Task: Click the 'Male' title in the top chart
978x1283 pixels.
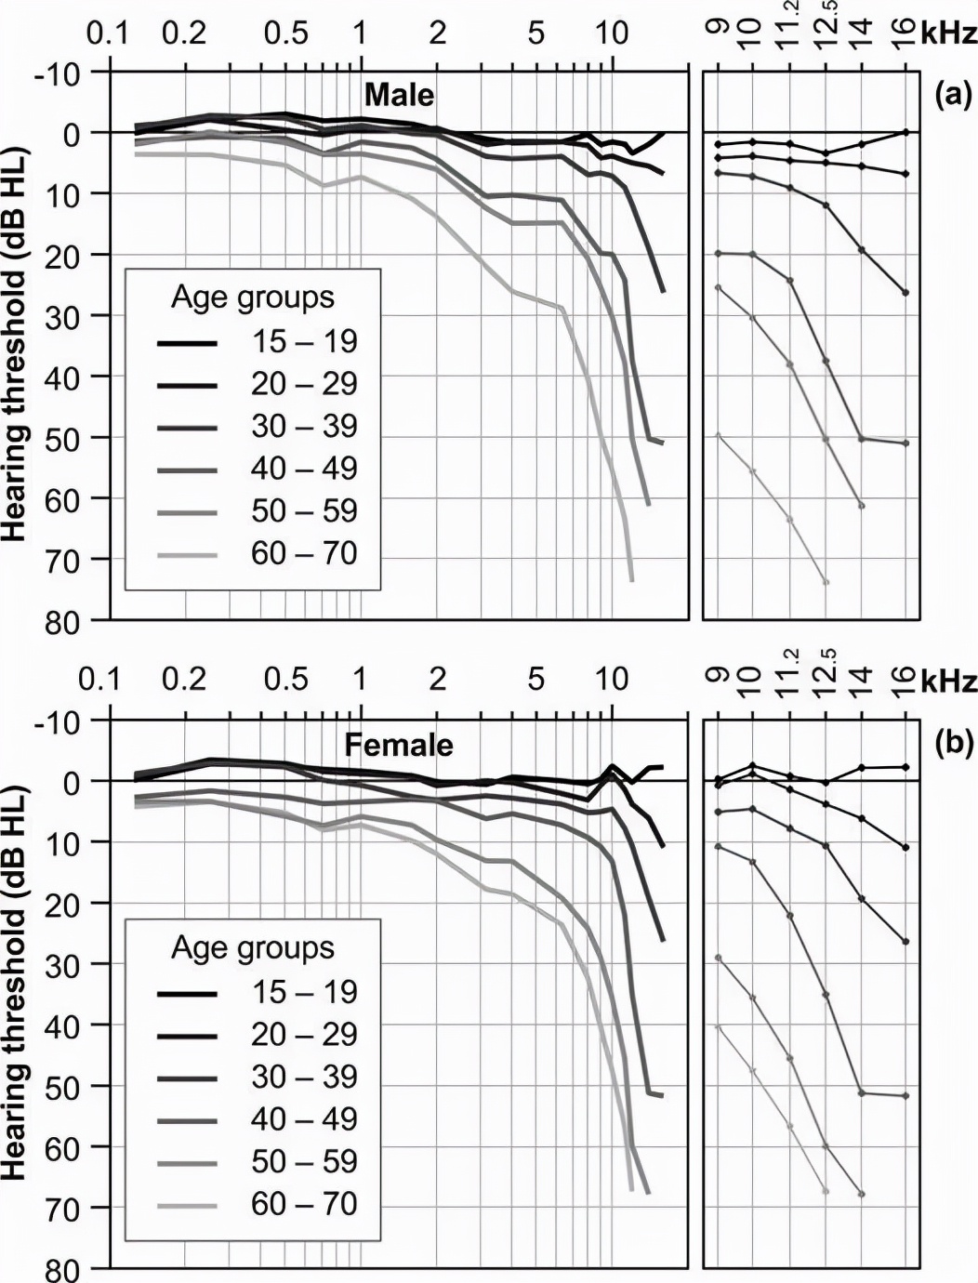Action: pos(399,95)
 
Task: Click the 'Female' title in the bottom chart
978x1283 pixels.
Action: pos(399,745)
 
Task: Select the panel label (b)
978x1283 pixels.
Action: pos(953,743)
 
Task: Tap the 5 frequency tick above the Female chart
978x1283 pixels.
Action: pos(536,680)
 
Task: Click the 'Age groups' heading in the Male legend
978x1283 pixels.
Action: pos(253,298)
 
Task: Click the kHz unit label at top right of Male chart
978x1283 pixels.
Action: pos(949,34)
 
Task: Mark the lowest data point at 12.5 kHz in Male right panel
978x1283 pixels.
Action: pos(826,582)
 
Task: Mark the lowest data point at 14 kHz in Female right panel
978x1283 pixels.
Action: pos(862,1194)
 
